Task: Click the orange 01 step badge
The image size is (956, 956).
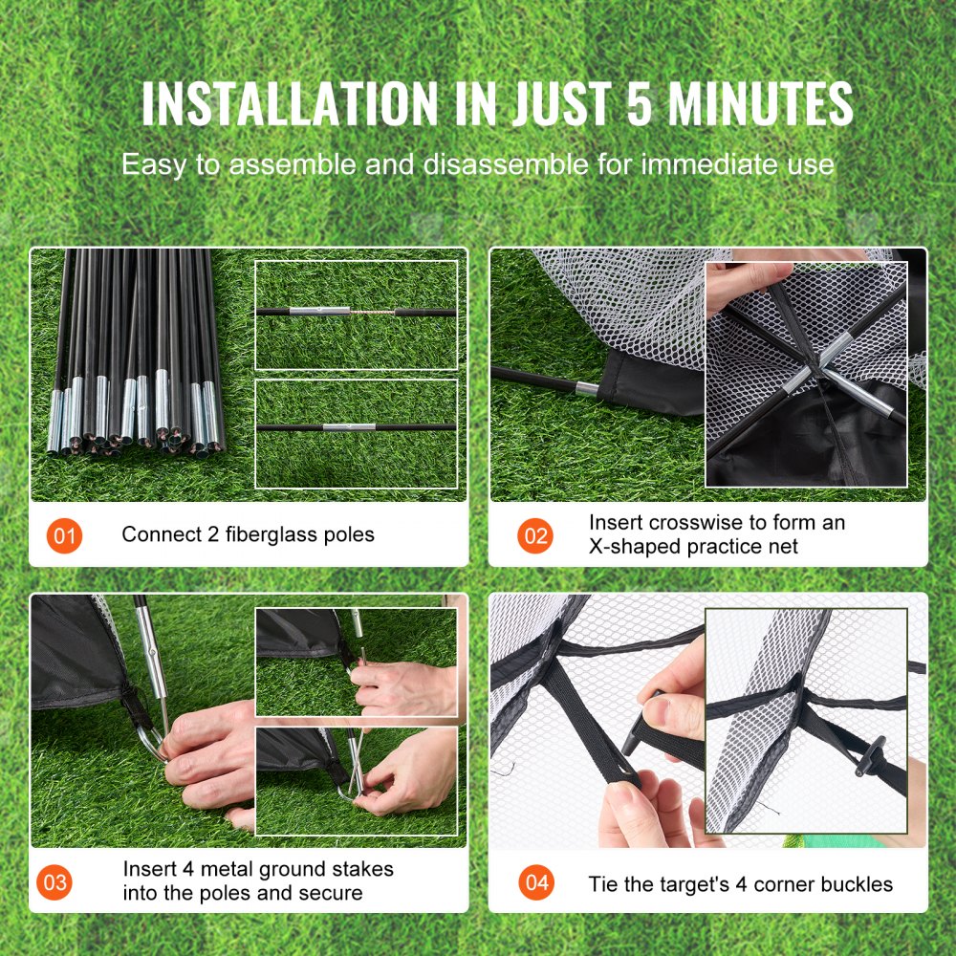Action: [x=64, y=535]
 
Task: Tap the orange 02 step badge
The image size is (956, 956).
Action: [x=535, y=535]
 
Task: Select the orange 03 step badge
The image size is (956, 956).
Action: [x=56, y=881]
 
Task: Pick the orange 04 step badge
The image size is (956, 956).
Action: [x=535, y=881]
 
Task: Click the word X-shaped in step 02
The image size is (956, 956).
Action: [x=636, y=547]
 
